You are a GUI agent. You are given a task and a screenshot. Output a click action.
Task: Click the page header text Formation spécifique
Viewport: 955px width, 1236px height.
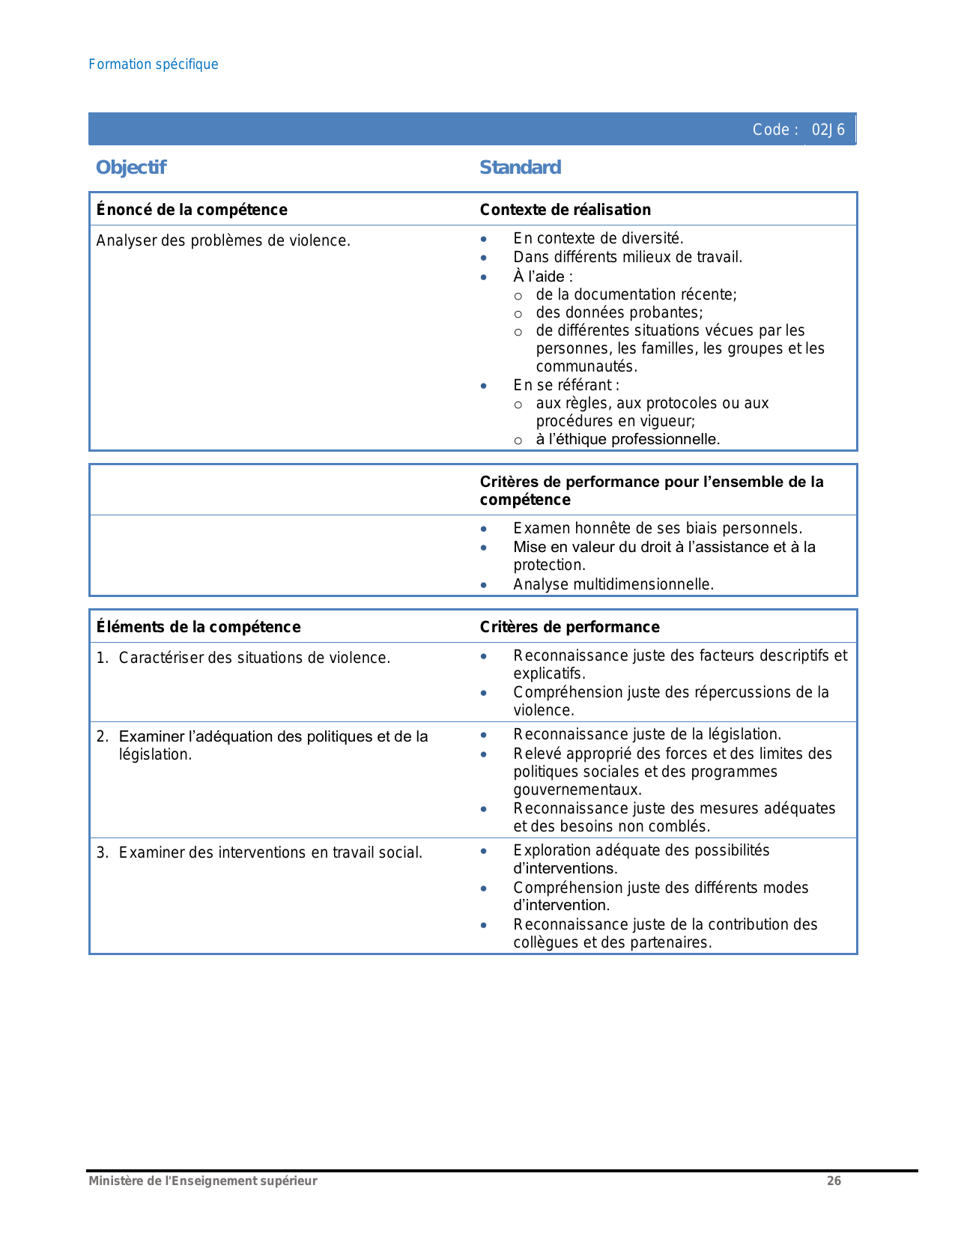click(154, 64)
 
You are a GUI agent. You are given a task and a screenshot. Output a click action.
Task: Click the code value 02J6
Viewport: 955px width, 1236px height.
click(828, 130)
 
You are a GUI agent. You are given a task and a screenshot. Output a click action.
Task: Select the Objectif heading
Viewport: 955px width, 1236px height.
click(131, 167)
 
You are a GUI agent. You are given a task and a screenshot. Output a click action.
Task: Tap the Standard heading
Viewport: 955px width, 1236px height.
click(520, 167)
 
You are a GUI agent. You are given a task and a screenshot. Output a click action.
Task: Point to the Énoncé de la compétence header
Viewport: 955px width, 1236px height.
click(192, 210)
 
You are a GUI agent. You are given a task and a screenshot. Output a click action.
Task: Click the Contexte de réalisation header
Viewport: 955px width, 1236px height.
click(565, 210)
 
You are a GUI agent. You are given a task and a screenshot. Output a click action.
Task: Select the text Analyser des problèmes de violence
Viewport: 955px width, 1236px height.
click(223, 240)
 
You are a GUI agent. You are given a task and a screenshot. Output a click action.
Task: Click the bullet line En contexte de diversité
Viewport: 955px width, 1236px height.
click(598, 238)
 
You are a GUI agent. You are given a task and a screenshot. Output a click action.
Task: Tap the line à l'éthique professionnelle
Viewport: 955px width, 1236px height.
click(627, 439)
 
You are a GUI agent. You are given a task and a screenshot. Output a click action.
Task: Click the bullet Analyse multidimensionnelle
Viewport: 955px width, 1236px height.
click(613, 584)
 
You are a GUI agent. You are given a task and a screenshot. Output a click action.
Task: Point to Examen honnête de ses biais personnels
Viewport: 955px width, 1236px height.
click(657, 528)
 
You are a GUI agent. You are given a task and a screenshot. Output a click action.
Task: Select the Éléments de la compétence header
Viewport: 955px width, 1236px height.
click(198, 627)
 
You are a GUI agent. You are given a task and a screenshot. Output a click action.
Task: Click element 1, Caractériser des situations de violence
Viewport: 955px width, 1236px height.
click(254, 658)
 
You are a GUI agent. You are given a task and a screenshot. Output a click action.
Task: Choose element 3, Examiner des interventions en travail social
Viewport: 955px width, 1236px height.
click(270, 852)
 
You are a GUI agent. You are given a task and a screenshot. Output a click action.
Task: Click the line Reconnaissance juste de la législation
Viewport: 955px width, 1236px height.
click(647, 734)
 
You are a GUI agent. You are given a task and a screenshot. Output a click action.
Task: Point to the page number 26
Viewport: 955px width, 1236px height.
click(834, 1181)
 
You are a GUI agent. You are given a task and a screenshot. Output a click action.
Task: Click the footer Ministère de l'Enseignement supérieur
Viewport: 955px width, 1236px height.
click(203, 1181)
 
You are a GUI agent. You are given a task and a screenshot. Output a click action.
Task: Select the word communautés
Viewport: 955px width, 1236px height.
click(585, 366)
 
